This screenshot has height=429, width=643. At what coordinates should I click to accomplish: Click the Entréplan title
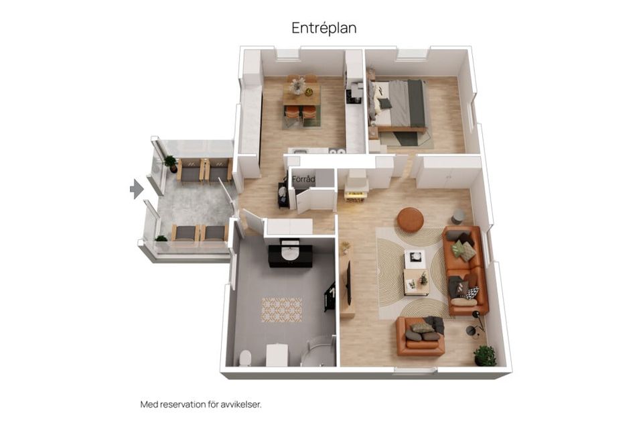pyautogui.click(x=324, y=28)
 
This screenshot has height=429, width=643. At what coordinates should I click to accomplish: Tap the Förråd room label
pyautogui.click(x=303, y=179)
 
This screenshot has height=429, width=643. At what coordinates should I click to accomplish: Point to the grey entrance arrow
pyautogui.click(x=137, y=189)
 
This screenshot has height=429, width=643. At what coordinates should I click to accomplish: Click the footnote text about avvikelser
pyautogui.click(x=201, y=404)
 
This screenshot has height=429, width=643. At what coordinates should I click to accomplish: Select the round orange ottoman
pyautogui.click(x=410, y=220)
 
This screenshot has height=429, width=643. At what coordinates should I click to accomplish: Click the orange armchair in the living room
pyautogui.click(x=421, y=336)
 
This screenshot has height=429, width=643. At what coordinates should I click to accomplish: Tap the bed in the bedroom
pyautogui.click(x=400, y=105)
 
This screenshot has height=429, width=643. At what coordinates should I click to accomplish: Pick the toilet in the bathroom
pyautogui.click(x=245, y=358)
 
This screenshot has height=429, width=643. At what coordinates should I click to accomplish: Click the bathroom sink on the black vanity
pyautogui.click(x=290, y=253)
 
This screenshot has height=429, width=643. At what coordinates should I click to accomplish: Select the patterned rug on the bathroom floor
pyautogui.click(x=282, y=310)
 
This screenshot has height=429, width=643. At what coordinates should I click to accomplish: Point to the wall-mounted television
pyautogui.click(x=349, y=284)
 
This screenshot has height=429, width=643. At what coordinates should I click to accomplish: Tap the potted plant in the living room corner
pyautogui.click(x=485, y=355)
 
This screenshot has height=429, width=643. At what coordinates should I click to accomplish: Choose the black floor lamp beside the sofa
pyautogui.click(x=476, y=325)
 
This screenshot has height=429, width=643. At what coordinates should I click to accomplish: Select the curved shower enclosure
pyautogui.click(x=319, y=351)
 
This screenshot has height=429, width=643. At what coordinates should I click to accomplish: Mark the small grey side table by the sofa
pyautogui.click(x=458, y=217)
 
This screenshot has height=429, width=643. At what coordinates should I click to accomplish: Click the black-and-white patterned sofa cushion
pyautogui.click(x=472, y=293)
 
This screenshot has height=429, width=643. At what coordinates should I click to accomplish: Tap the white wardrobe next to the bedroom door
pyautogui.click(x=448, y=172)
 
